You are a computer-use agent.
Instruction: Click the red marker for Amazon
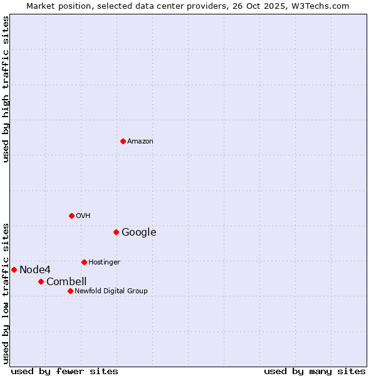[x=123, y=141]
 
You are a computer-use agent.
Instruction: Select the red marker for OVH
[x=71, y=216]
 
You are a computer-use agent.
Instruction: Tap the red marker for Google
[x=116, y=232]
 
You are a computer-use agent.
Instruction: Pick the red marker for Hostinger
[x=84, y=262]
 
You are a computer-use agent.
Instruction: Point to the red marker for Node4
[x=14, y=269]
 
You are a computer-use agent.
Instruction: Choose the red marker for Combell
[x=41, y=281]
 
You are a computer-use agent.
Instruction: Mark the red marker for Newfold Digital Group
[x=70, y=291]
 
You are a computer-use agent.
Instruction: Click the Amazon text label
[x=140, y=142]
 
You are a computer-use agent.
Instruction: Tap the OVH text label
[x=83, y=216]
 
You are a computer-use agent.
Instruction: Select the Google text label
[x=138, y=232]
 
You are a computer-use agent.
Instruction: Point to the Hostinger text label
[x=104, y=263]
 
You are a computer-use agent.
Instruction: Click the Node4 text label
[x=34, y=270]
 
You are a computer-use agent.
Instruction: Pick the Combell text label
[x=66, y=282]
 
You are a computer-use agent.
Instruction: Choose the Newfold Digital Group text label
[x=111, y=291]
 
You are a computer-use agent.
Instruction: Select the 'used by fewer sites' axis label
[x=65, y=371]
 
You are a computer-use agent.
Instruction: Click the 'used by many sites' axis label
[x=315, y=371]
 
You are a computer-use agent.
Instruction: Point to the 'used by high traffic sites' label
[x=6, y=89]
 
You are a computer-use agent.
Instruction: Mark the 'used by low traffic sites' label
[x=6, y=293]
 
